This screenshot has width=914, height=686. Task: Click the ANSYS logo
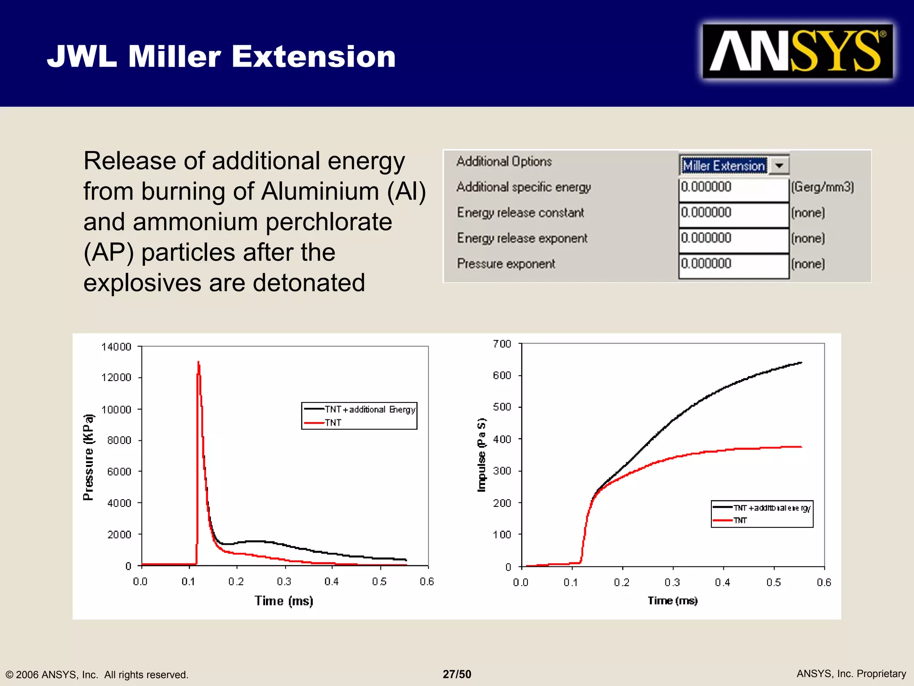[x=797, y=51]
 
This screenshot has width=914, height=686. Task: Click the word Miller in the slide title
[x=174, y=57]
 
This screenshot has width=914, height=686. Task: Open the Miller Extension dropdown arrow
[x=779, y=166]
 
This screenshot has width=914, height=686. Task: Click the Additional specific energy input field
[x=733, y=188]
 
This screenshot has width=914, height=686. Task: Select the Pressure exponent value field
[x=733, y=264]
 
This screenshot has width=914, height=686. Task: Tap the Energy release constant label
[x=520, y=213]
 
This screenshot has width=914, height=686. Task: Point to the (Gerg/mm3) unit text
[x=823, y=187]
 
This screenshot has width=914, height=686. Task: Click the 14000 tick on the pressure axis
[x=116, y=347]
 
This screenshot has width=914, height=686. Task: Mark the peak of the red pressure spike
[x=198, y=362]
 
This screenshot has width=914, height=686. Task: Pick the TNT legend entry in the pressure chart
[x=333, y=422]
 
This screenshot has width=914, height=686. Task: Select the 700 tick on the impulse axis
[x=502, y=344]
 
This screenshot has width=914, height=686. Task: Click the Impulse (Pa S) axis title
[x=481, y=455]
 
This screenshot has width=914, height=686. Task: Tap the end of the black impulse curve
[x=801, y=363]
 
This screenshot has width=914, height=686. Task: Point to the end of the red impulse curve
[x=801, y=447]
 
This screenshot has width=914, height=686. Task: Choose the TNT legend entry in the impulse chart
[x=740, y=520]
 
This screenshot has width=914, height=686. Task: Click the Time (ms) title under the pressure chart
[x=284, y=601]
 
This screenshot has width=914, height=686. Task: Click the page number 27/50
[x=457, y=674]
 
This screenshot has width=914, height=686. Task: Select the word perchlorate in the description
[x=328, y=222]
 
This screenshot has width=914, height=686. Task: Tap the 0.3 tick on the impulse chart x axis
[x=672, y=582]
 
